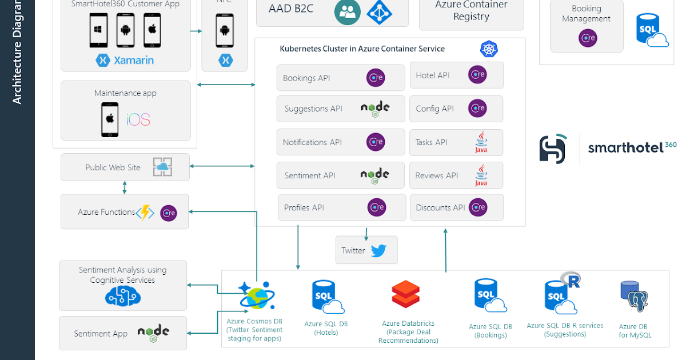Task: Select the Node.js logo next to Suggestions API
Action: tap(375, 109)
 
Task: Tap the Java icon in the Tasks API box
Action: tap(481, 143)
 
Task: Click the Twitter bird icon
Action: tap(378, 250)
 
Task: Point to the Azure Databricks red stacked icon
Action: tap(405, 295)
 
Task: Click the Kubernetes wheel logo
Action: tap(489, 49)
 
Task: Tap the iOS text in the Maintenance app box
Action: tap(138, 119)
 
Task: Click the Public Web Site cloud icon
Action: tap(162, 167)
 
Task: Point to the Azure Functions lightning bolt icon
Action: tap(145, 212)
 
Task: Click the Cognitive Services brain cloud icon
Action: tap(122, 296)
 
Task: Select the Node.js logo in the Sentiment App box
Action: tap(153, 333)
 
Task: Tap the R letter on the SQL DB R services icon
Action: tap(571, 280)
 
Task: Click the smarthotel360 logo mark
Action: tap(552, 149)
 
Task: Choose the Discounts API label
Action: tap(440, 207)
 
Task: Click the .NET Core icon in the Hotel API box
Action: tap(477, 75)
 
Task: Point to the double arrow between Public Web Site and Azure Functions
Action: tap(125, 187)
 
